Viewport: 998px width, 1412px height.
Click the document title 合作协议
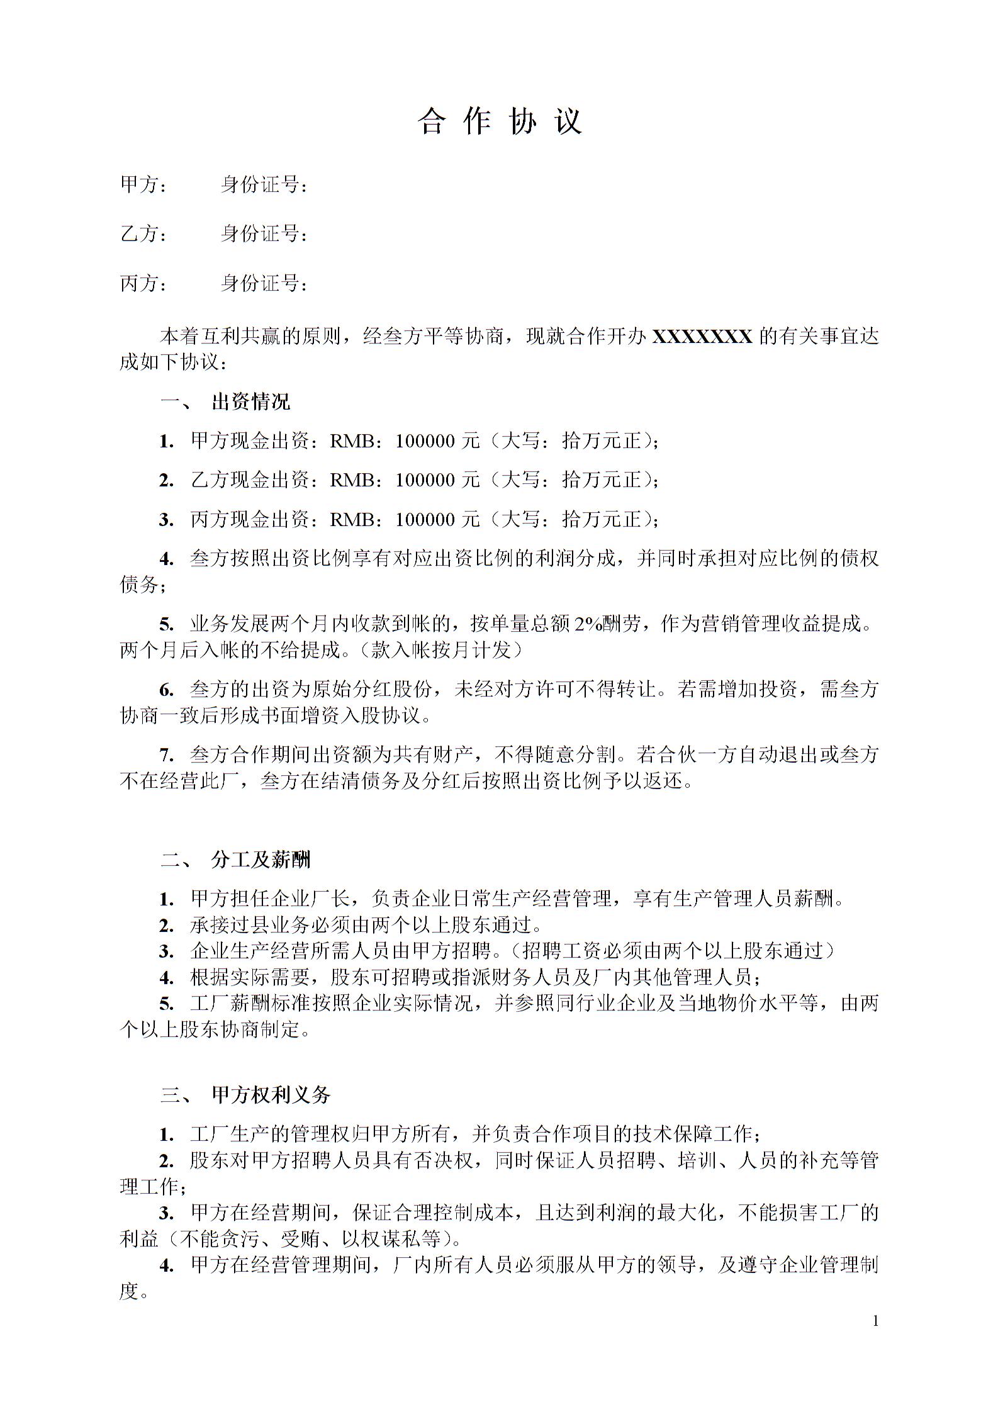point(499,121)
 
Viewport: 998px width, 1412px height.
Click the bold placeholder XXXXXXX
point(702,337)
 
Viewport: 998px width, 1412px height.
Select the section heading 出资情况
point(251,402)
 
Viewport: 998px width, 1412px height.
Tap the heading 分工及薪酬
point(261,860)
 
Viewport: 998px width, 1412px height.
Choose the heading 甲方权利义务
point(271,1095)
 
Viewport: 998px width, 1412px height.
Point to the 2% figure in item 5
point(588,624)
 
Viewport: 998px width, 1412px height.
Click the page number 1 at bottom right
point(875,1321)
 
